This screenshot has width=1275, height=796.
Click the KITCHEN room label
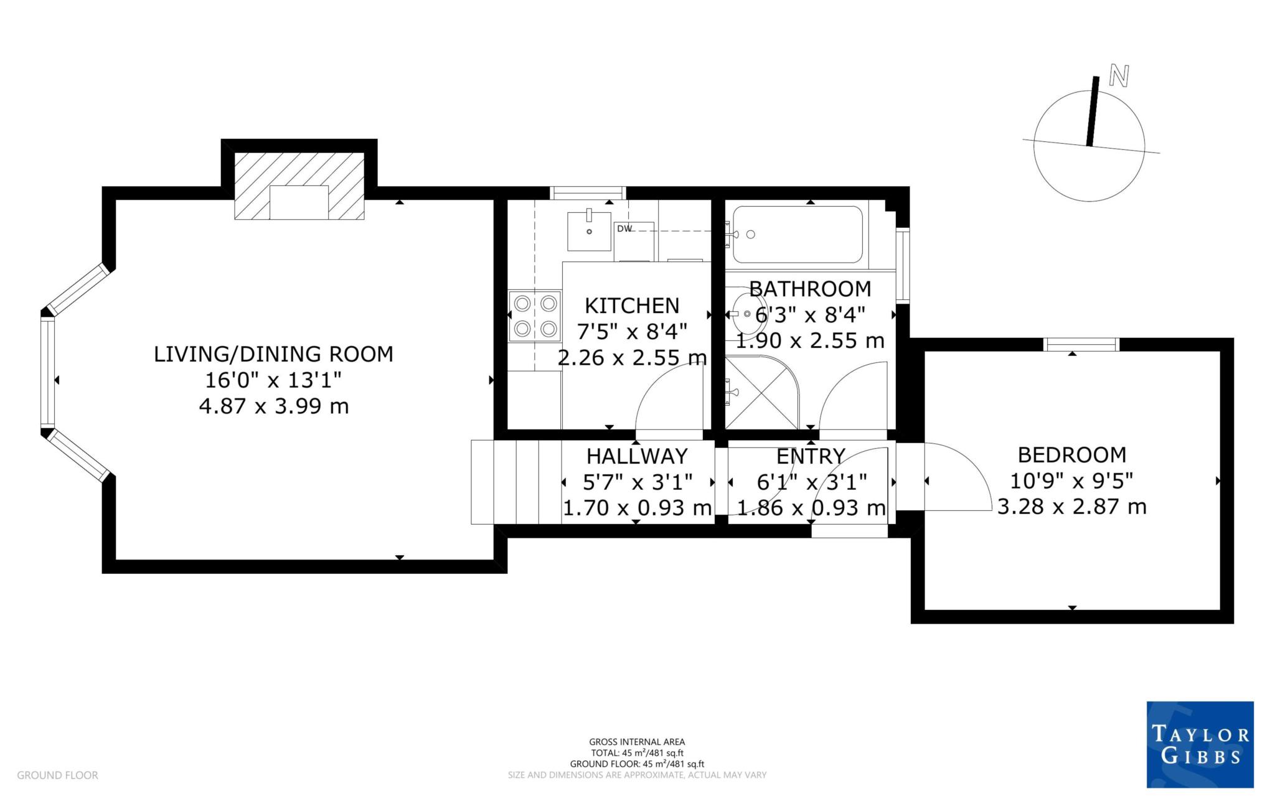[632, 306]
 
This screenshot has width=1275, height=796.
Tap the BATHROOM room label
[810, 289]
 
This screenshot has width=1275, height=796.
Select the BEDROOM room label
[1071, 455]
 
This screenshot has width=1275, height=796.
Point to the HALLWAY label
[637, 456]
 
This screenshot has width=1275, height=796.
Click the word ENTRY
[811, 456]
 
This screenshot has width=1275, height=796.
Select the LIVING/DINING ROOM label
[273, 354]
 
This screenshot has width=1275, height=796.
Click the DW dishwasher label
[624, 228]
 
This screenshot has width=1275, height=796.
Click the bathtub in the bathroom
[797, 235]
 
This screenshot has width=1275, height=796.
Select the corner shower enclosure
[760, 392]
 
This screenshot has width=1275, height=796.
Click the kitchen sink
[589, 231]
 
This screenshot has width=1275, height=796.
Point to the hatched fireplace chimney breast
[299, 185]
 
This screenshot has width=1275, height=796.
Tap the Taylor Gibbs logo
[1200, 744]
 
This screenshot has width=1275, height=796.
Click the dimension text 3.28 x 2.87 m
[1071, 507]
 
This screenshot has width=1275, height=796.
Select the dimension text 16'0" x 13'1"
[273, 380]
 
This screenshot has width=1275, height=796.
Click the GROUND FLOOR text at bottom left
[57, 775]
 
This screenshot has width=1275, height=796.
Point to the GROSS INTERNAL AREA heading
[637, 742]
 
